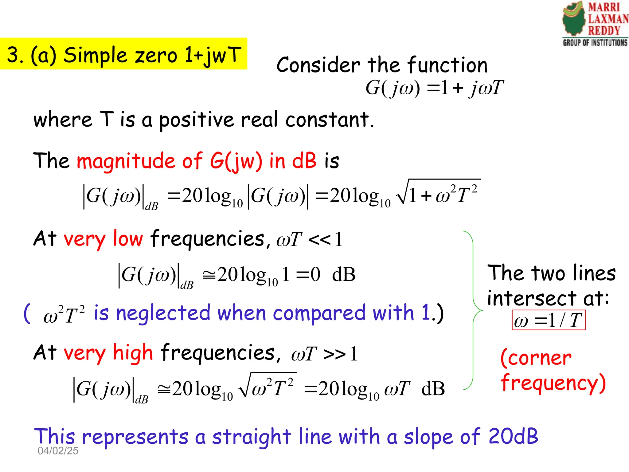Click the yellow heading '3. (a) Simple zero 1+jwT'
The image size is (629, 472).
pos(123,54)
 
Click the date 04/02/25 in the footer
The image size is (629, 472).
pos(58,450)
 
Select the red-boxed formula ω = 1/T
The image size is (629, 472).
pos(549,320)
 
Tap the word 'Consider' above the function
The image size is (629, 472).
pos(318,65)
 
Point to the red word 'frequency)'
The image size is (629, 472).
pos(553,383)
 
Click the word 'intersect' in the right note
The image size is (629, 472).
pos(531,298)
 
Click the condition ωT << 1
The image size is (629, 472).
pos(309,240)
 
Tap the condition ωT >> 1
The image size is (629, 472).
pos(324,353)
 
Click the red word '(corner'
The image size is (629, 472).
pos(536,358)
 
